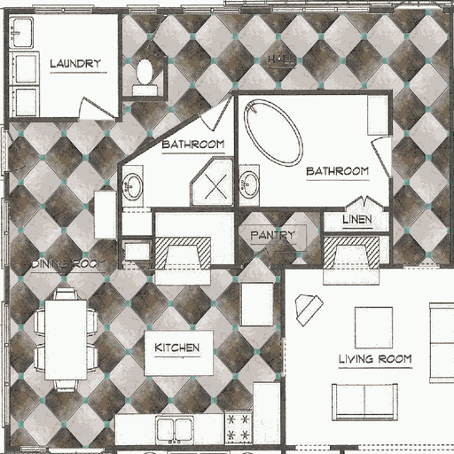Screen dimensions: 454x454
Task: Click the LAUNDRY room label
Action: pos(75,63)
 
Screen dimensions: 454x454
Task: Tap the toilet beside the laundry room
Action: pos(145,74)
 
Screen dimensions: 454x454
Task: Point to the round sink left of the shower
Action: pos(133,187)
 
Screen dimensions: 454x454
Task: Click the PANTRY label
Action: pos(271,235)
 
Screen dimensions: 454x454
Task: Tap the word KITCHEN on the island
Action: pos(177,348)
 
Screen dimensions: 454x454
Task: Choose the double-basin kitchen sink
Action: pos(175,429)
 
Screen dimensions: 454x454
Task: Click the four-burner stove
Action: pos(238,427)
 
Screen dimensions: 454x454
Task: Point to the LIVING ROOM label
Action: pos(375,359)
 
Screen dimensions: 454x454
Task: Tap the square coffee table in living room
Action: pos(373,327)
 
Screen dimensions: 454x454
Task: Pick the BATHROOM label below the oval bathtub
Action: pos(337,170)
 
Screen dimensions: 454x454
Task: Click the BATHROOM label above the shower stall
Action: pos(193,143)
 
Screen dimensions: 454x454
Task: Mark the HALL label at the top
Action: pos(280,59)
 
